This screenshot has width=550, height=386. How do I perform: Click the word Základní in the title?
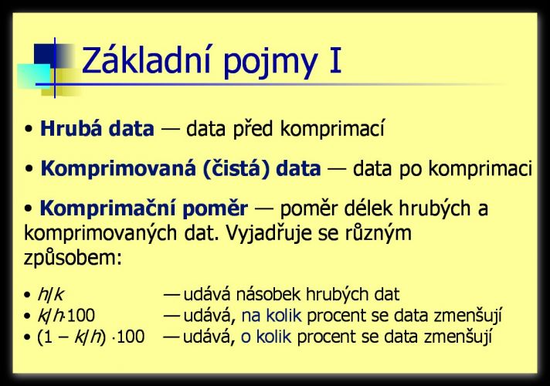(x=146, y=60)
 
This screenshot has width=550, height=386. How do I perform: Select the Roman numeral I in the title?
(x=336, y=61)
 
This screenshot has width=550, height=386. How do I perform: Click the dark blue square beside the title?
(x=45, y=56)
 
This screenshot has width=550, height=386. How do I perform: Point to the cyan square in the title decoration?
(x=34, y=76)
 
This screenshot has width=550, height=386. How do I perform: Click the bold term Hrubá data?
(x=97, y=128)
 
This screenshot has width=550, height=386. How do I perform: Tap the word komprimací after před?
(x=332, y=129)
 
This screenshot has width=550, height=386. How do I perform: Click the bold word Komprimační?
(x=107, y=209)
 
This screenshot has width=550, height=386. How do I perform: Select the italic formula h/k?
(x=50, y=294)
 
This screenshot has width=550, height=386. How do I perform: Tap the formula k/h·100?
(x=66, y=316)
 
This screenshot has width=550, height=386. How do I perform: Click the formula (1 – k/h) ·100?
(x=91, y=337)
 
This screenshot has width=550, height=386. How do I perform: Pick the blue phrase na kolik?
(x=271, y=316)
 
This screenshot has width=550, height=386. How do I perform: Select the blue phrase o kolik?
(x=267, y=337)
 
